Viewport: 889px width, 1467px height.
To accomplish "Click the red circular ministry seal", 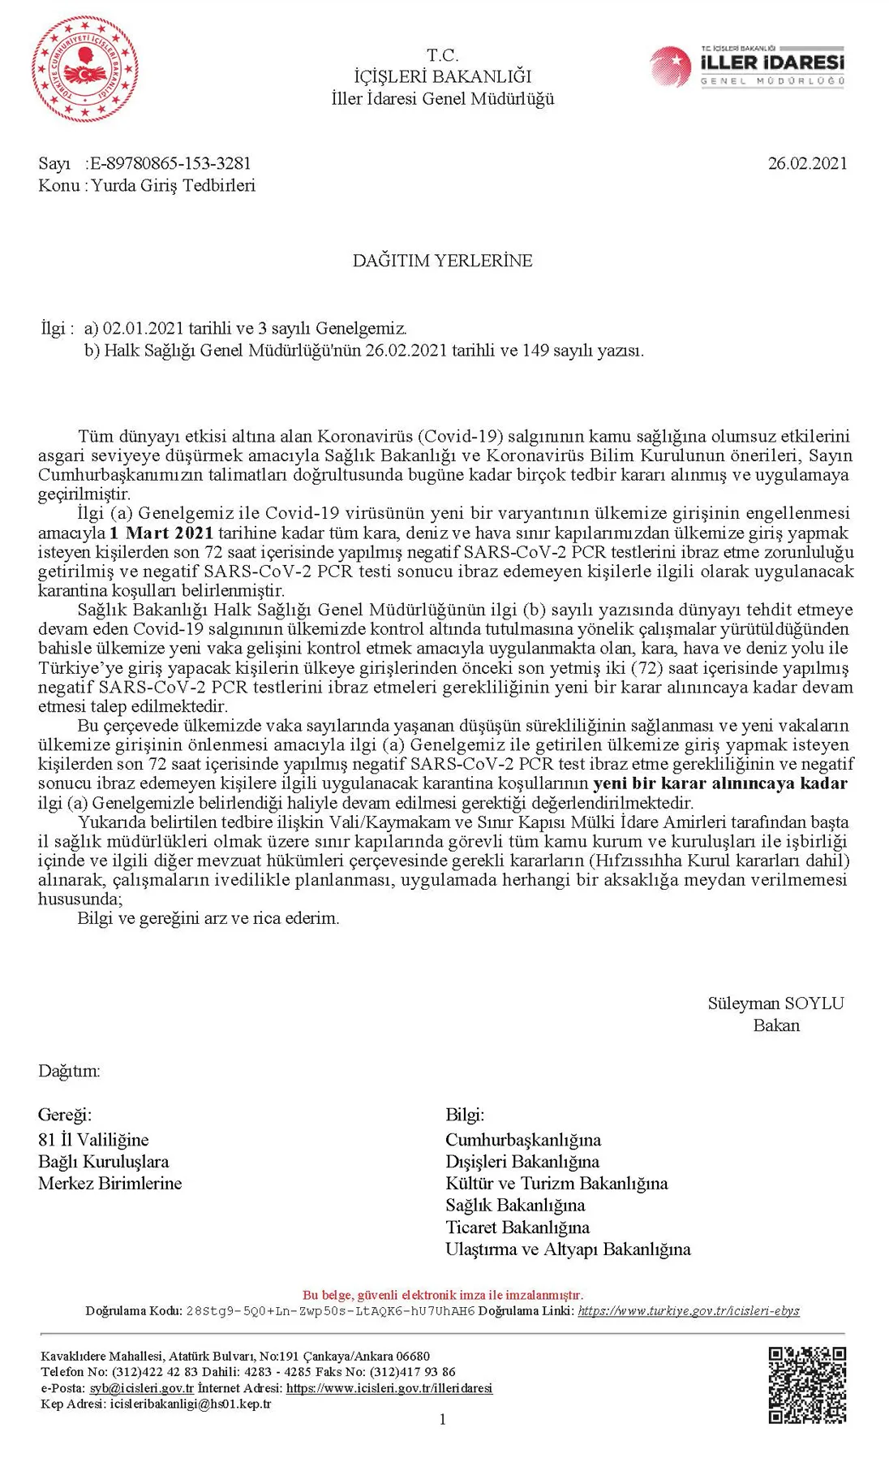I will pos(84,69).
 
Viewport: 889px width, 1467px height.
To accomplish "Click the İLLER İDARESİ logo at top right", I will pos(748,66).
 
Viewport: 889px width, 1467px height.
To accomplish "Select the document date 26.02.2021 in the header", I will pos(807,163).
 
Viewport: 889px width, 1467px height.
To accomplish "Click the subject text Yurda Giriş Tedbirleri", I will pos(173,185).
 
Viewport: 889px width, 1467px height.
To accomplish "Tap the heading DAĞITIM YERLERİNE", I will pos(442,261).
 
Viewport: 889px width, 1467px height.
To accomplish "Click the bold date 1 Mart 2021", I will pos(161,533).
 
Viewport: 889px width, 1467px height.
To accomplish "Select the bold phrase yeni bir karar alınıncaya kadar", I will pos(720,783).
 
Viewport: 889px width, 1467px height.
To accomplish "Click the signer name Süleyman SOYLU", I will pos(775,1003).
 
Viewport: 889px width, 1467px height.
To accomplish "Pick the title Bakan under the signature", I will pos(776,1025).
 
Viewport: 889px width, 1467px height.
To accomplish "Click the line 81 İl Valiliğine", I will pos(93,1140).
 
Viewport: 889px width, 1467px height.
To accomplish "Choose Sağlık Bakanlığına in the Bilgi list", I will pos(515,1206).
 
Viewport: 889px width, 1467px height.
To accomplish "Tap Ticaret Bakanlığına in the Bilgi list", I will pos(518,1228).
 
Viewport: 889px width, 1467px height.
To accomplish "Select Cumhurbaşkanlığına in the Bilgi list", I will pos(523,1140).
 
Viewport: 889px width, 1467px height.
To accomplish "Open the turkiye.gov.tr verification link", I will pos(689,1311).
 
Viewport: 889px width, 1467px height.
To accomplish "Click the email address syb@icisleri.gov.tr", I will pos(142,1388).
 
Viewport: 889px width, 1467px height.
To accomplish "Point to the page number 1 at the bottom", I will pos(442,1419).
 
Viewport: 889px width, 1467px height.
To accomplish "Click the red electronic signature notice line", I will pos(442,1295).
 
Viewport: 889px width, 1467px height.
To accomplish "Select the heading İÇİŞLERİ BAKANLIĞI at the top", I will pos(442,76).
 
